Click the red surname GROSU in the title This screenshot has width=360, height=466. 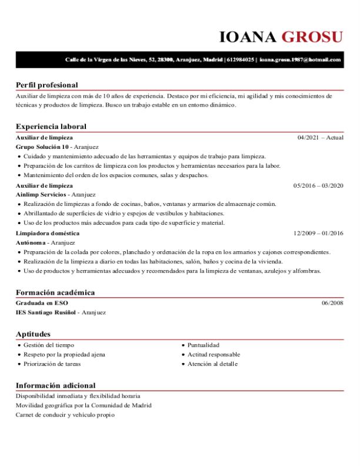click(x=312, y=37)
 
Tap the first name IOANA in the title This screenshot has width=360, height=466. click(x=248, y=37)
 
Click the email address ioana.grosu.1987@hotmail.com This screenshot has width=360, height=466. click(x=301, y=60)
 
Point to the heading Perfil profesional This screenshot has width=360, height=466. click(x=46, y=85)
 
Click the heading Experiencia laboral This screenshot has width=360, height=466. click(x=51, y=127)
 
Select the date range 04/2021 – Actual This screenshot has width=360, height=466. click(x=320, y=138)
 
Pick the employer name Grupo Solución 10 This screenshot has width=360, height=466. click(x=43, y=147)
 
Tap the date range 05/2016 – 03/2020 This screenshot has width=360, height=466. click(x=318, y=185)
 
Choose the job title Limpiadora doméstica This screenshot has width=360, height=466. click(x=48, y=233)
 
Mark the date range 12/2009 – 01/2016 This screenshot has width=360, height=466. click(x=318, y=233)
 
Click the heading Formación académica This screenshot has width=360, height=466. click(x=55, y=292)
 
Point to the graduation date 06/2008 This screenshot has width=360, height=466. click(x=332, y=303)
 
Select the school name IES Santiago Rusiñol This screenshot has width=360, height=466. click(x=46, y=312)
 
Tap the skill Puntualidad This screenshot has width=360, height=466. click(x=204, y=345)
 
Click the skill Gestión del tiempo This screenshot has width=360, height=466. click(x=49, y=345)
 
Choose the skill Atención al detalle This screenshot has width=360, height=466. click(x=212, y=364)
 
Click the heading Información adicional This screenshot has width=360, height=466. click(x=55, y=385)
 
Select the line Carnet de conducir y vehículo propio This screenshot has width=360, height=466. click(x=65, y=415)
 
